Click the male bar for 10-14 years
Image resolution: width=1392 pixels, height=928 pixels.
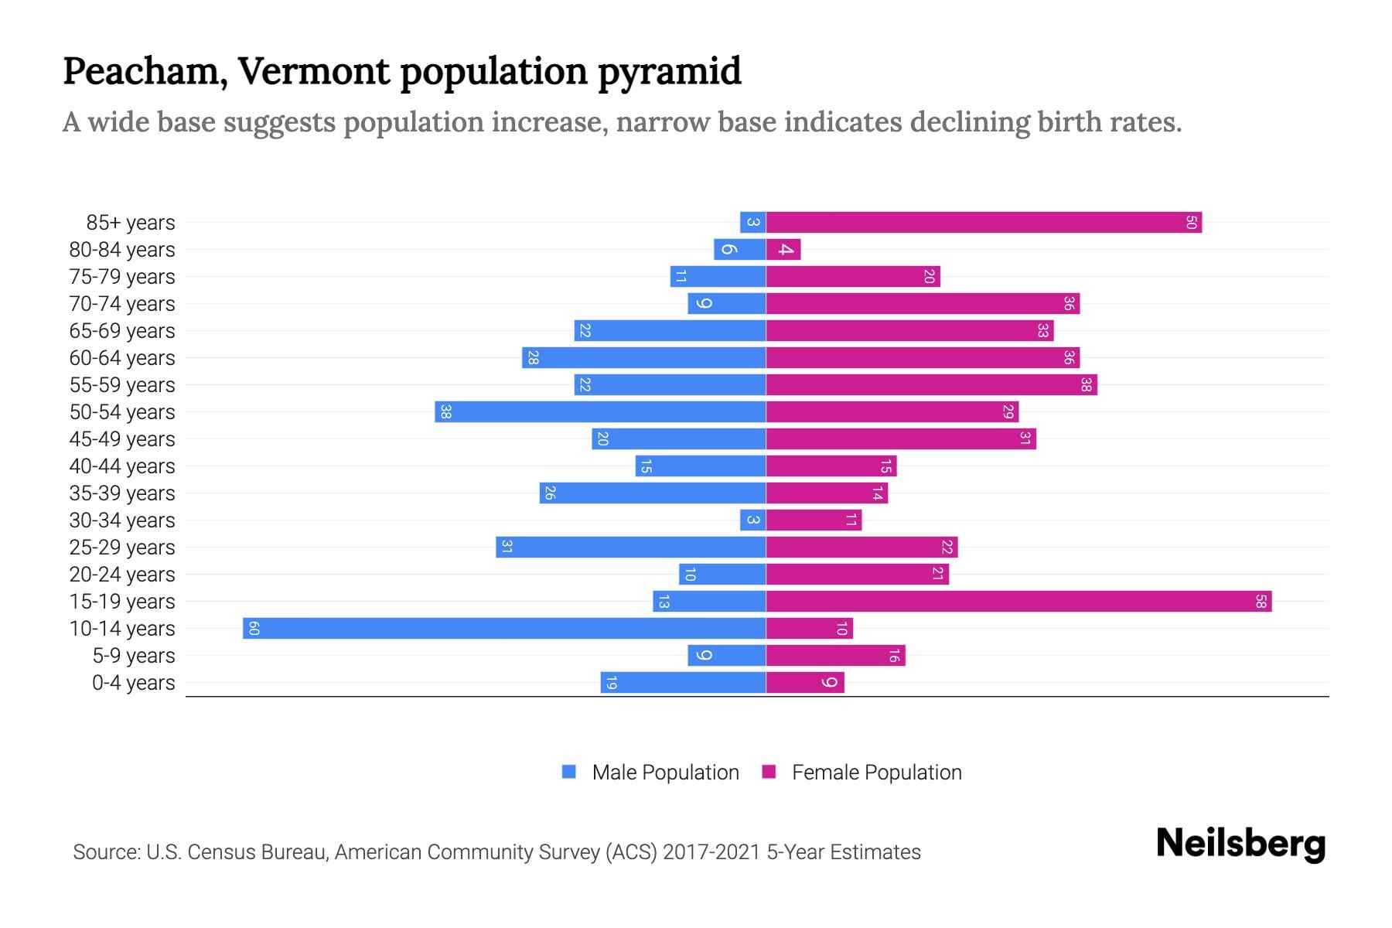[504, 628]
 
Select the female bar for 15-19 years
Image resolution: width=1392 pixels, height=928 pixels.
[1018, 601]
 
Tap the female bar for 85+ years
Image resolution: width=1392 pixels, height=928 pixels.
[984, 223]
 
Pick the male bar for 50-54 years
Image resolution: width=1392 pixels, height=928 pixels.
[600, 411]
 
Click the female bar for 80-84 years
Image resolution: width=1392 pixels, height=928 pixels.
[783, 250]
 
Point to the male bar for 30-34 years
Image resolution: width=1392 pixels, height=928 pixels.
[752, 520]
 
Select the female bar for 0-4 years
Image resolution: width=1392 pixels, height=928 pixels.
[805, 682]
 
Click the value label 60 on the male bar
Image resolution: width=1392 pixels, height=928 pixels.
[254, 628]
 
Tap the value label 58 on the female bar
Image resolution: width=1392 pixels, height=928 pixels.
[1261, 601]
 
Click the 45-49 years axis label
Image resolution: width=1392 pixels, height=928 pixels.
[122, 439]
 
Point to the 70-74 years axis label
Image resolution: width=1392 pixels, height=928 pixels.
[122, 304]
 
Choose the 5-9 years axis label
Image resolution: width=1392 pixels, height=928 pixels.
[134, 656]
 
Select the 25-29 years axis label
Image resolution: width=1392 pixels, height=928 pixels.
[122, 548]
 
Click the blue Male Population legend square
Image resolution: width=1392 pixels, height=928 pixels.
[569, 772]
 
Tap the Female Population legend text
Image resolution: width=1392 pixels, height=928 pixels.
[876, 772]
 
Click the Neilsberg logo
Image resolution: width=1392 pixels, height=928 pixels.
[1240, 844]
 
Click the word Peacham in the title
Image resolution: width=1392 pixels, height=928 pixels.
[145, 72]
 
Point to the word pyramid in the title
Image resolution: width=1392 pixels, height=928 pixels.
[669, 72]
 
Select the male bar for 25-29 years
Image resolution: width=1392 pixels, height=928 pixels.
[630, 547]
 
